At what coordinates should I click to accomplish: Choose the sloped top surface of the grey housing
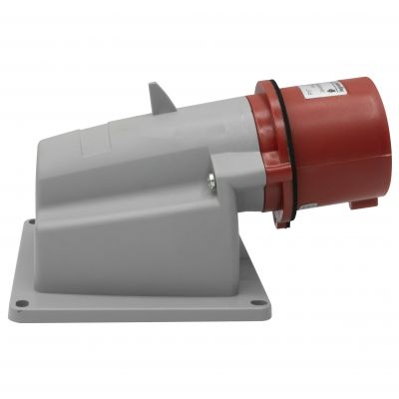pyautogui.click(x=150, y=135)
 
